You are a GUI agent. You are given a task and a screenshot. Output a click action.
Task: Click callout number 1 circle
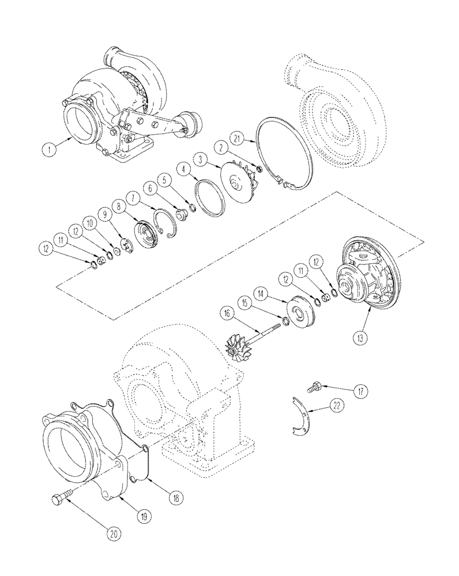click(50, 149)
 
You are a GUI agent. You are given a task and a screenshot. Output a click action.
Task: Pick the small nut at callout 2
click(260, 170)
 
